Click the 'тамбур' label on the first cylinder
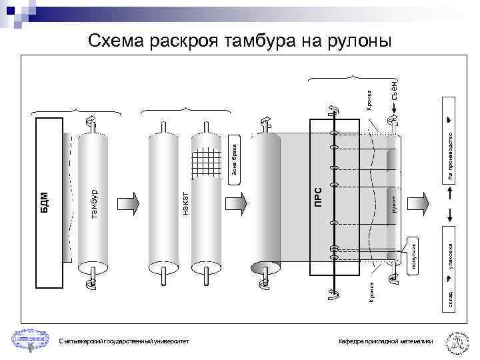click(95, 204)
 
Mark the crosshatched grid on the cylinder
click(206, 160)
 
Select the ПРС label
click(319, 197)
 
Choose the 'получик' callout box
click(413, 257)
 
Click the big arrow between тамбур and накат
click(129, 203)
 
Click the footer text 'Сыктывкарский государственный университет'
click(123, 341)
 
